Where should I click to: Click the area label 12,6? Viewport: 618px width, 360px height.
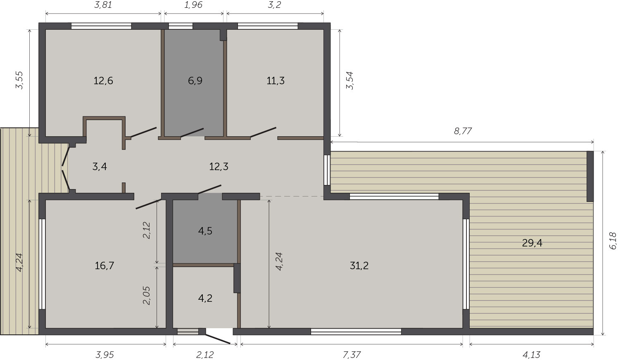coord(103,81)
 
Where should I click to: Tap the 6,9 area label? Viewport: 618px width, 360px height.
coord(195,81)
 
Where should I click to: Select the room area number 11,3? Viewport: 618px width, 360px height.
coord(276,81)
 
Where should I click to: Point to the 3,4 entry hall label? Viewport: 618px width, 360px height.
coord(100,166)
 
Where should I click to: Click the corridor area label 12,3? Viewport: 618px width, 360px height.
coord(219,166)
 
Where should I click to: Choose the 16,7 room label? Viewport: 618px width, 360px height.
coord(104,265)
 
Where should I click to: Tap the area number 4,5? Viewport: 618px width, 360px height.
coord(205,231)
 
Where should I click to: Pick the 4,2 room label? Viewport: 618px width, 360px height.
coord(205,298)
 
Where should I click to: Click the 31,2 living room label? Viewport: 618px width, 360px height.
coord(359,265)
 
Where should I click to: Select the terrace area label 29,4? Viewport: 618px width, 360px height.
coord(532,243)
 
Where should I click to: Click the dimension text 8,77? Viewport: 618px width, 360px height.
coord(463,131)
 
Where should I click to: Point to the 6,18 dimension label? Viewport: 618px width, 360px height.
coord(612,241)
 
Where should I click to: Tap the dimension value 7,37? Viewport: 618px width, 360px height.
coord(352,355)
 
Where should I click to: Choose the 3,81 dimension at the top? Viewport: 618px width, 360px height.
coord(103,5)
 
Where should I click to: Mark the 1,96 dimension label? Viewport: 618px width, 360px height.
coord(193,5)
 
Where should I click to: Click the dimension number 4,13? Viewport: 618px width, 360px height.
coord(531,355)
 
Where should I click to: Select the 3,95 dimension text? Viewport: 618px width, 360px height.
coord(105,355)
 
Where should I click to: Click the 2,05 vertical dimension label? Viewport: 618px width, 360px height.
coord(146,296)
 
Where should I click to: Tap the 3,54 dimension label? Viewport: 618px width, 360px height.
coord(349,81)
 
